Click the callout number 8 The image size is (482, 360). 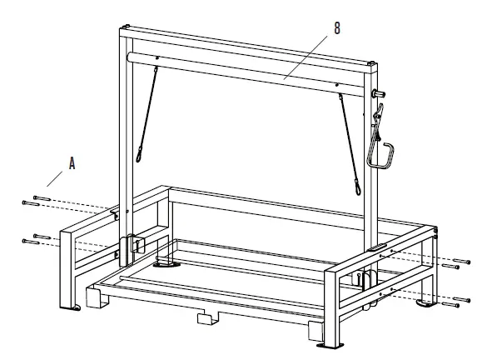(x=337, y=28)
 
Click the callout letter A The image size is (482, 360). (x=72, y=163)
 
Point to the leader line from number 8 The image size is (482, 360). (x=306, y=57)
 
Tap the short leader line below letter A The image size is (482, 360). (x=54, y=179)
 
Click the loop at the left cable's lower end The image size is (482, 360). (x=139, y=155)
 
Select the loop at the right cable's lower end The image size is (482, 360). (x=358, y=187)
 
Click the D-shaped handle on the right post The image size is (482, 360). (x=381, y=155)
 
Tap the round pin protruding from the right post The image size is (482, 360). (x=378, y=93)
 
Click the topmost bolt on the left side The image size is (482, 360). (x=42, y=198)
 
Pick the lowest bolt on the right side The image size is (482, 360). (x=450, y=305)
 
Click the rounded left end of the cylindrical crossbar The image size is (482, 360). (x=129, y=57)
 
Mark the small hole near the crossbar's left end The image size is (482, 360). (x=157, y=57)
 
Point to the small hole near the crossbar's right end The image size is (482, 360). (x=337, y=85)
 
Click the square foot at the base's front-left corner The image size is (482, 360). (x=97, y=297)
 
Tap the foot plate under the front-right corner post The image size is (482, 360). (x=330, y=346)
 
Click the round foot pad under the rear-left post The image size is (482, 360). (x=167, y=264)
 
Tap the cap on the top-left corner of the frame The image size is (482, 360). (x=126, y=27)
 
